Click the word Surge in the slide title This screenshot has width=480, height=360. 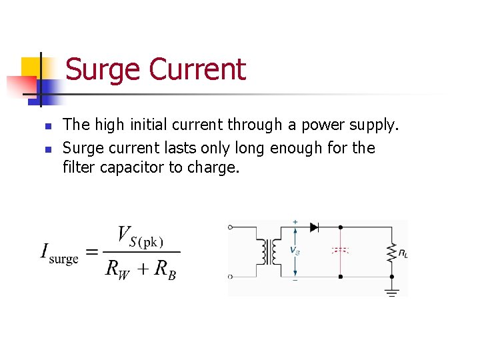coord(103,69)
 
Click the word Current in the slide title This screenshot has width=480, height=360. coord(197,69)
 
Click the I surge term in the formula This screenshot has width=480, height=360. coord(59,253)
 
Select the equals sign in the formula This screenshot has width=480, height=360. coord(92,252)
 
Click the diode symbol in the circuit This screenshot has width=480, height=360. coord(314,227)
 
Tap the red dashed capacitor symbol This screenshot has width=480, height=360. coord(341,251)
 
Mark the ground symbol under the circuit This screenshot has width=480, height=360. coord(391,291)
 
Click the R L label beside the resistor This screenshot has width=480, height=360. coord(403,253)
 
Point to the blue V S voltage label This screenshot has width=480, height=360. coord(295,251)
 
